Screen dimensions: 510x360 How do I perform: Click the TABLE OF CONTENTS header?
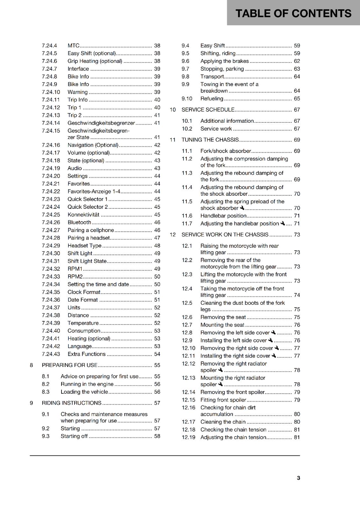(293, 13)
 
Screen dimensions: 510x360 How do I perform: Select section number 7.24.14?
(51, 123)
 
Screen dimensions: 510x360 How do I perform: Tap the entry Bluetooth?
(79, 222)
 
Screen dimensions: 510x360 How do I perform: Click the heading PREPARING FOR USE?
(69, 365)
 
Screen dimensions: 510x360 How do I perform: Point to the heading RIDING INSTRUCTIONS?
(71, 403)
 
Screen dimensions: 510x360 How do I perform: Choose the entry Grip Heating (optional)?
(95, 61)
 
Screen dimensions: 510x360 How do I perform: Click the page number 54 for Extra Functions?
(157, 354)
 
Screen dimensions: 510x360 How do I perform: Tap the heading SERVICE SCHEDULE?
(208, 110)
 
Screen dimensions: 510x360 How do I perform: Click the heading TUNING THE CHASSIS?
(210, 140)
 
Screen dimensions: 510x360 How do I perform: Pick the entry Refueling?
(212, 99)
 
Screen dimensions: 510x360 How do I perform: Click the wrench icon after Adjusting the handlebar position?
(282, 223)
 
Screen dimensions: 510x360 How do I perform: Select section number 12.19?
(188, 438)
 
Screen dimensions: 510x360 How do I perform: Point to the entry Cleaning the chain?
(223, 422)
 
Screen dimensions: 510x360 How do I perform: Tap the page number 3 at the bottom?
(298, 478)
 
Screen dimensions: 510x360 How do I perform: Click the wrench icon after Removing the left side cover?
(273, 332)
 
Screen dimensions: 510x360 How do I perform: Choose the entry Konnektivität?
(83, 215)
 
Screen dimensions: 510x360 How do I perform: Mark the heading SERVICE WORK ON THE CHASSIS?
(225, 235)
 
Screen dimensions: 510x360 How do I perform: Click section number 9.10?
(187, 99)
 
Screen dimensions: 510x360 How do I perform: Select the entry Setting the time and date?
(98, 284)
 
